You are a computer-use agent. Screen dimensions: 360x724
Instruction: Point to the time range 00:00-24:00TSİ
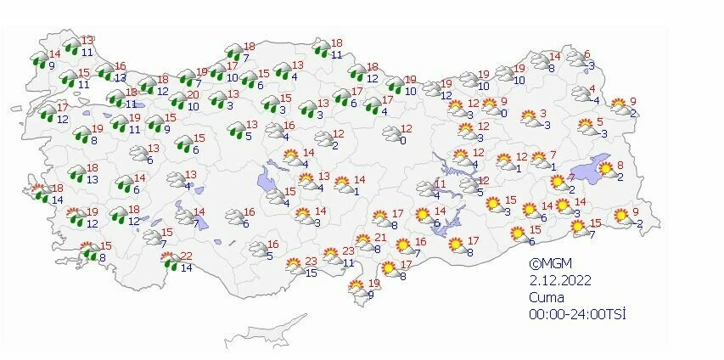pyautogui.click(x=576, y=314)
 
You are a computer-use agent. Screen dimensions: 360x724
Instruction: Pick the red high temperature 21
pyautogui.click(x=380, y=238)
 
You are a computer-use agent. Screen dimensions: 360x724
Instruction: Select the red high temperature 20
pyautogui.click(x=194, y=95)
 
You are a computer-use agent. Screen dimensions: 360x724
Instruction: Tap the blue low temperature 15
pyautogui.click(x=311, y=273)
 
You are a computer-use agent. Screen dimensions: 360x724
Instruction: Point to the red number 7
pyautogui.click(x=553, y=155)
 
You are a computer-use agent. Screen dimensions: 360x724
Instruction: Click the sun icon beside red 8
pyautogui.click(x=606, y=170)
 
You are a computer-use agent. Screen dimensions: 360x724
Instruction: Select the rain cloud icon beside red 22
pyautogui.click(x=171, y=262)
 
